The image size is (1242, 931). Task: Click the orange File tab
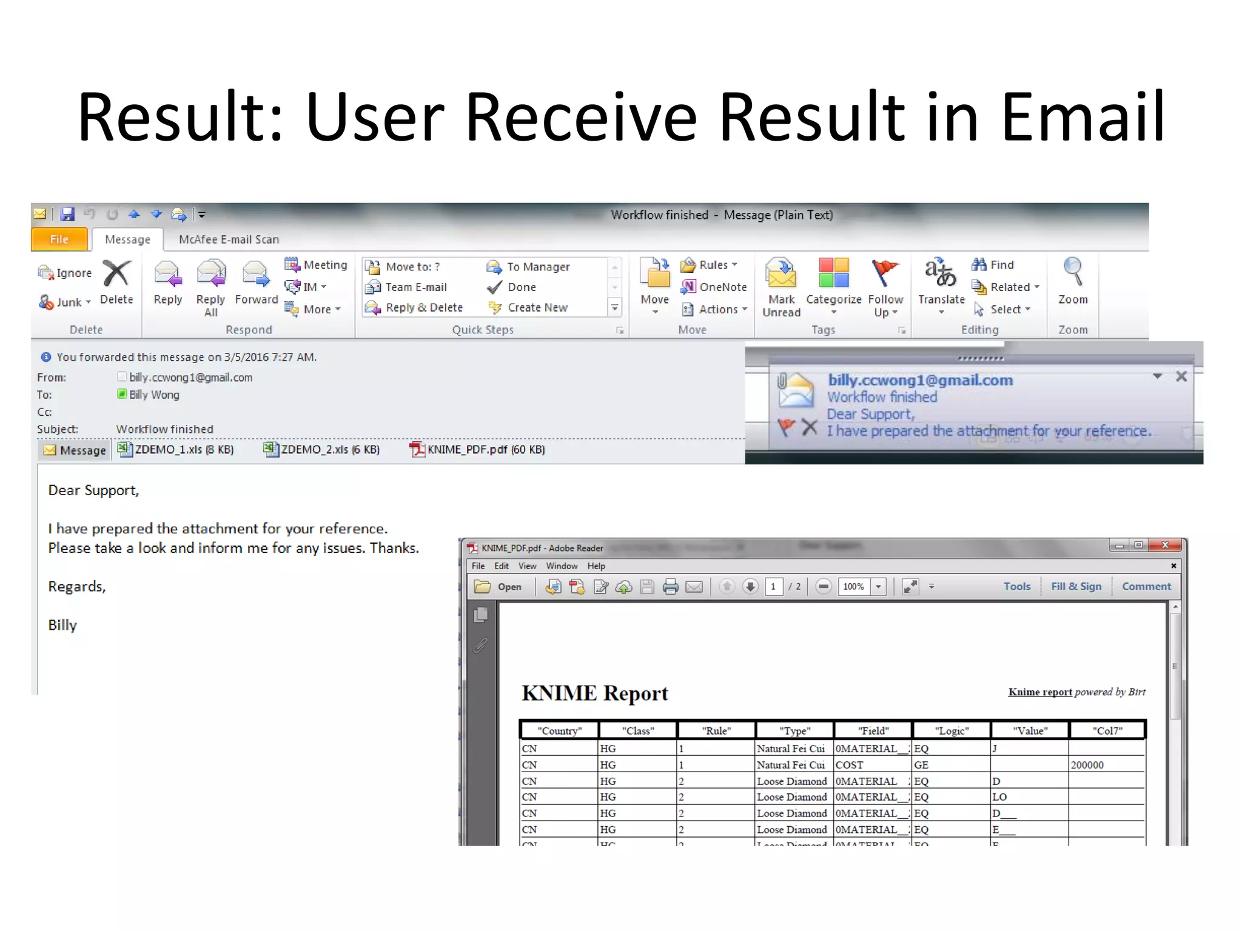click(59, 239)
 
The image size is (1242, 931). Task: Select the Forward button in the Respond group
click(256, 282)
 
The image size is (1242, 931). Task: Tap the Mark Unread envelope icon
click(781, 275)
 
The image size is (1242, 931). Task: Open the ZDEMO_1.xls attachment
click(176, 450)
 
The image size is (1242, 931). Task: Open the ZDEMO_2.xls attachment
click(323, 450)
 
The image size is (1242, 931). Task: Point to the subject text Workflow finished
click(164, 429)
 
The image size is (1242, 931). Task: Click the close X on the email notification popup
click(1181, 376)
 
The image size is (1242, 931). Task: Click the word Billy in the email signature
click(62, 625)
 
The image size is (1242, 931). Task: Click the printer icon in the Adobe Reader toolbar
click(670, 587)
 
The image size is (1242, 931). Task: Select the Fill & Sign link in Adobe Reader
click(1076, 586)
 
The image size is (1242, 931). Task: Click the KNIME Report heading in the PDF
click(594, 693)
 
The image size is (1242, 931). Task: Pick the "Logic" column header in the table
click(952, 730)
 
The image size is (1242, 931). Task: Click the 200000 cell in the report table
click(1087, 765)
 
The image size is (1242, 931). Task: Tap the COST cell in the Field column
click(849, 765)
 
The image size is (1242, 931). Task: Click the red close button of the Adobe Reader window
click(1165, 546)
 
